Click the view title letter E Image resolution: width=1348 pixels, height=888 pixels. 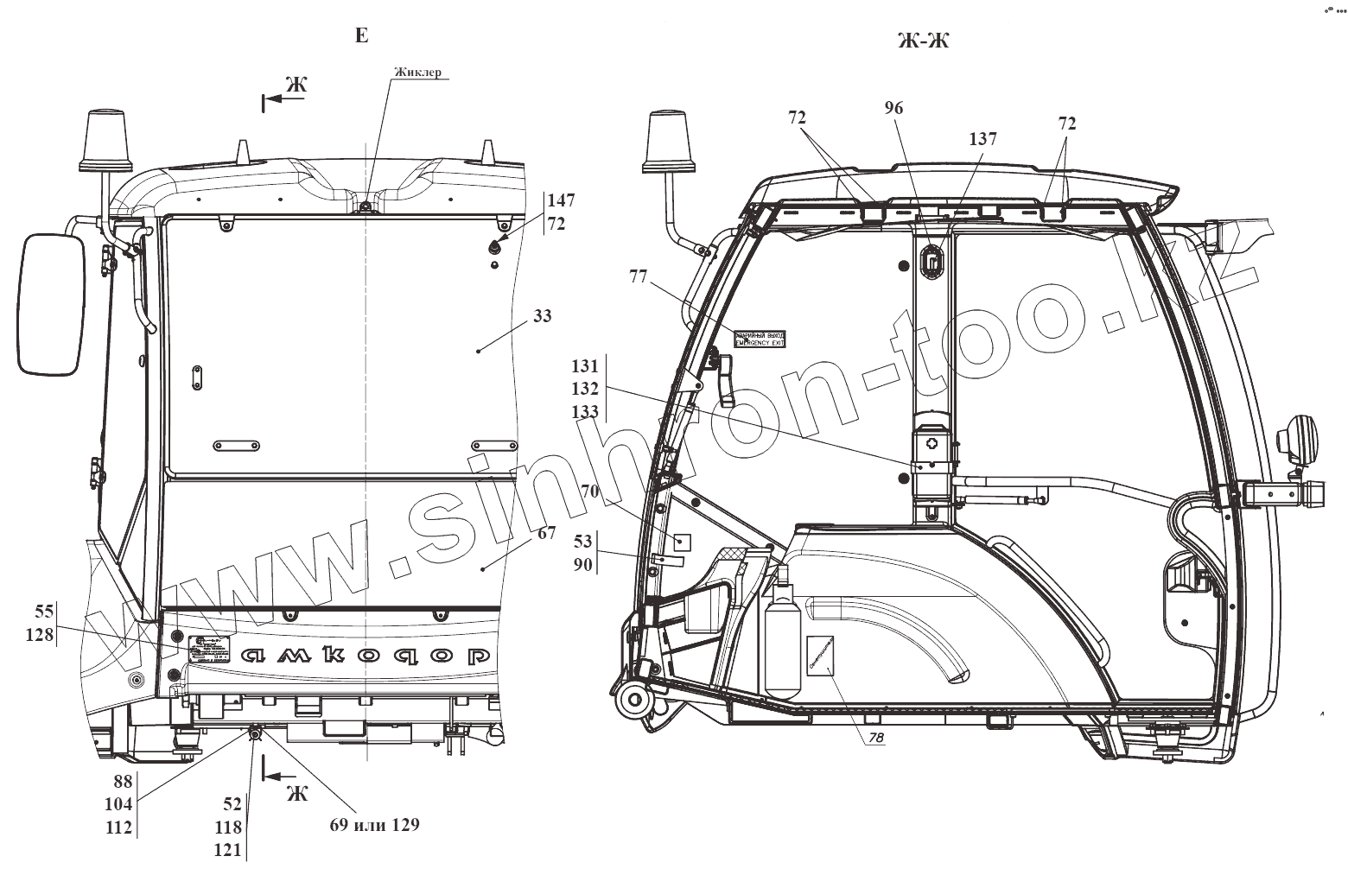click(361, 35)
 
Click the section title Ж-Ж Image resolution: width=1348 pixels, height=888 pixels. click(923, 39)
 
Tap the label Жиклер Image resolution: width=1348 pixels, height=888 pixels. click(417, 72)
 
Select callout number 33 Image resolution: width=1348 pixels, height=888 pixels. click(542, 316)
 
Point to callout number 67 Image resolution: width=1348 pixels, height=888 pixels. click(546, 533)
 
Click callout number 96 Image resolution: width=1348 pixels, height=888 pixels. click(893, 108)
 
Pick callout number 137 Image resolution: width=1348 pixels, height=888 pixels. click(982, 139)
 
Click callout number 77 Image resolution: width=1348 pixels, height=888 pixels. click(638, 276)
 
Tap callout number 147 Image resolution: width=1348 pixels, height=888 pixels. click(561, 200)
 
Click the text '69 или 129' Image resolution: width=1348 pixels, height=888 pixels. click(374, 824)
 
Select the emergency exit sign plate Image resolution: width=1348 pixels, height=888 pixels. click(760, 338)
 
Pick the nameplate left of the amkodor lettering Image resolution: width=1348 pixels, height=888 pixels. click(212, 647)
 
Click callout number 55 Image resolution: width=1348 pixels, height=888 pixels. click(44, 612)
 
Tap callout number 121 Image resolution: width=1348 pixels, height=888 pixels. click(228, 850)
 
